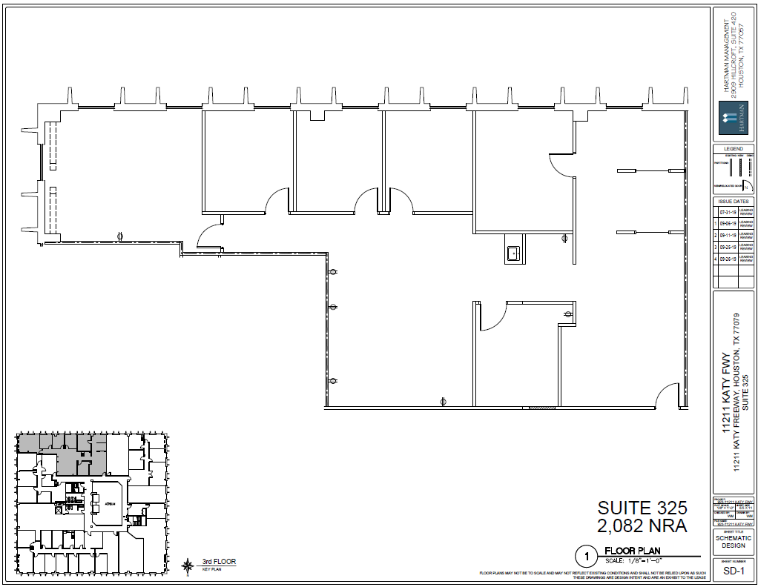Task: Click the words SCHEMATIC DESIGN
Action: [733, 541]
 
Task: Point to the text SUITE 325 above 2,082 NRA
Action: [642, 508]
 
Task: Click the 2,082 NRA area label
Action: [642, 525]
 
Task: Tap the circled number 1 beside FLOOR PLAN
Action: [586, 555]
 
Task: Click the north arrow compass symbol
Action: [186, 566]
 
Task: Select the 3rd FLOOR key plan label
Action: [219, 562]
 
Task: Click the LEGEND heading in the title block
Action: [733, 149]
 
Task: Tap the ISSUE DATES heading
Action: [733, 201]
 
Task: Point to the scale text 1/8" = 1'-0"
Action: [632, 560]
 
